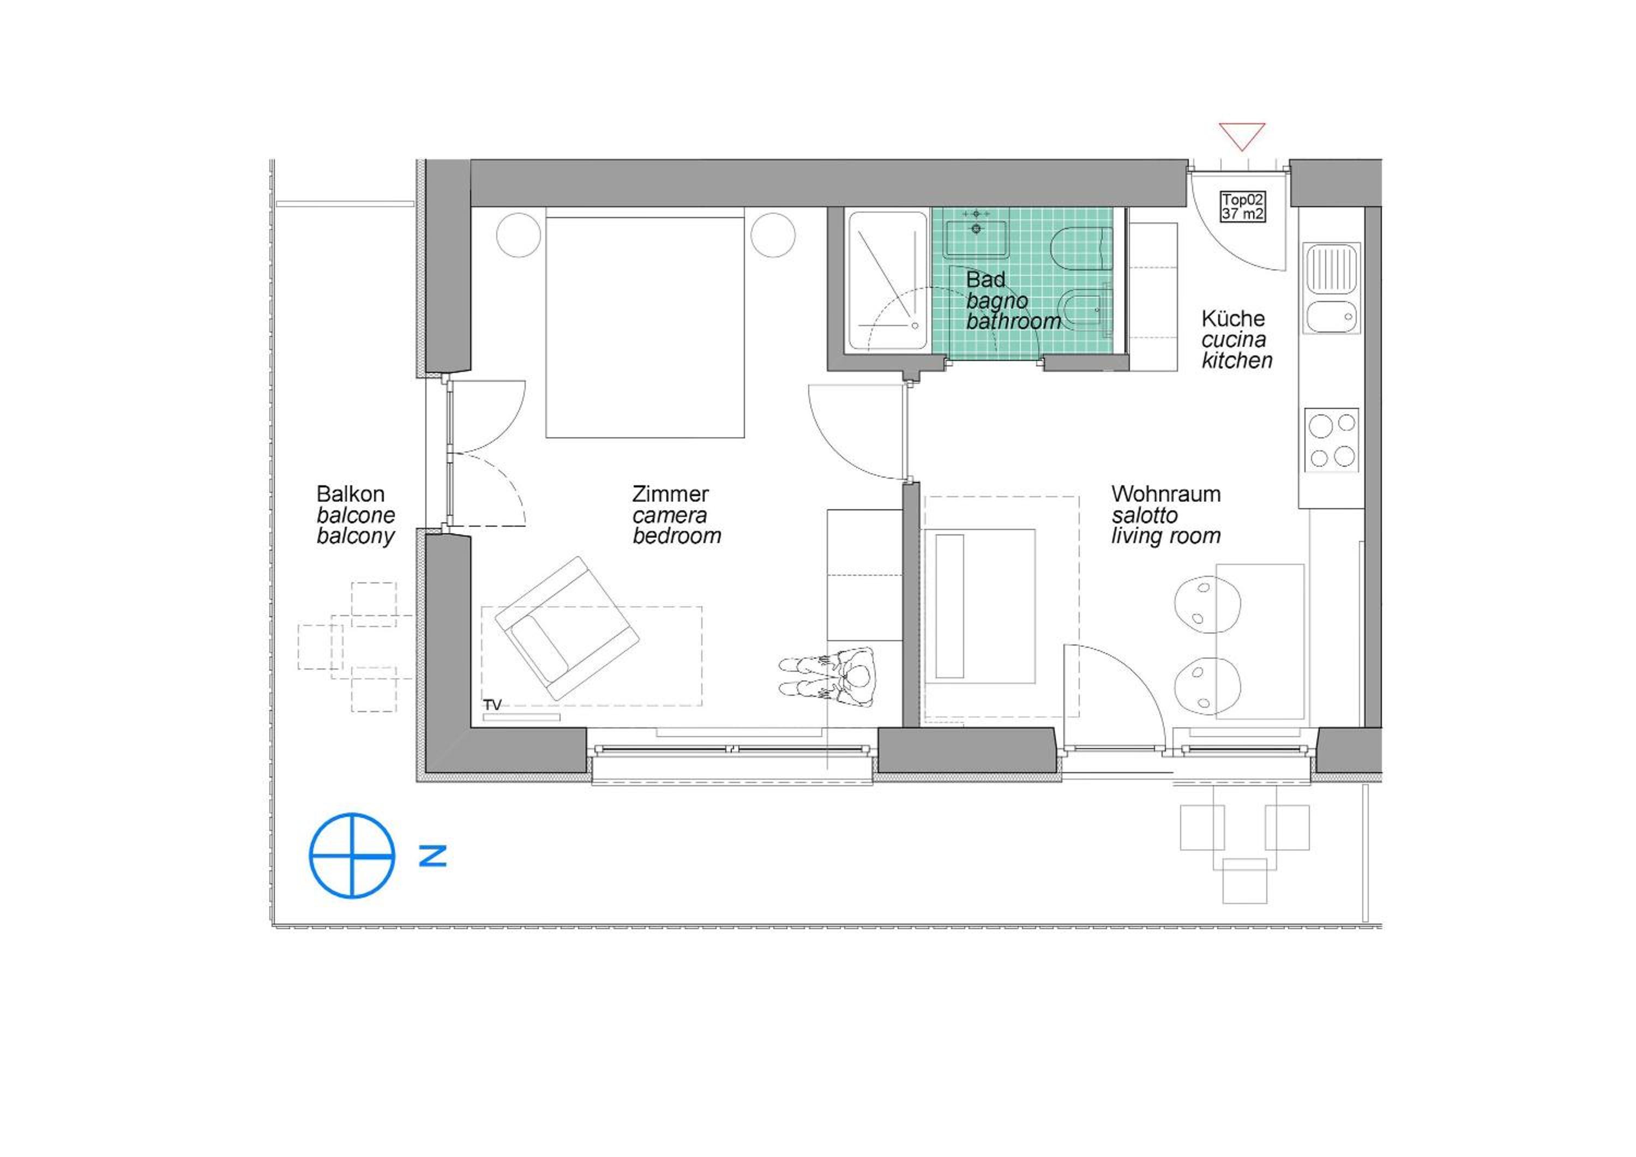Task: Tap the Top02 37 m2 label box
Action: [1243, 207]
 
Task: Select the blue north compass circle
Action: [352, 855]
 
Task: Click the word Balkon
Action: [351, 494]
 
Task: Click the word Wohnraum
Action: [1166, 494]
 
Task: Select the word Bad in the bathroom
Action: [985, 279]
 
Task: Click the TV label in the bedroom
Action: [492, 704]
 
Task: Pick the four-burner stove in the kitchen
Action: [1332, 441]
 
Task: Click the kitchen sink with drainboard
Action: [1332, 288]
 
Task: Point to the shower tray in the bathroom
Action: [887, 281]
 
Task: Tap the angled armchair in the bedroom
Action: [567, 628]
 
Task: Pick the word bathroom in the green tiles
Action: [1013, 321]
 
